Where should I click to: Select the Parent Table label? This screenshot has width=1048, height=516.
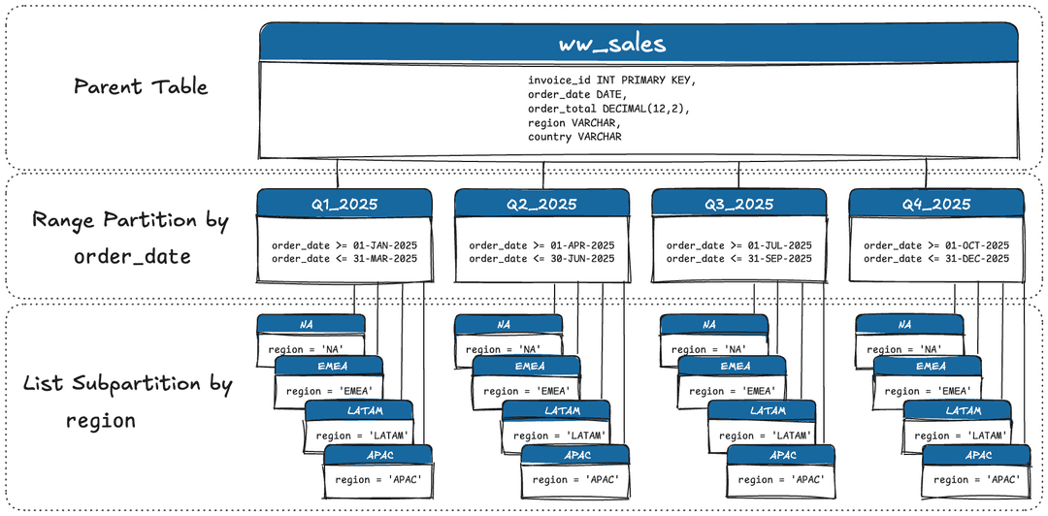141,86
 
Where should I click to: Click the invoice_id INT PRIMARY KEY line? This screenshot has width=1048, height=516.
611,81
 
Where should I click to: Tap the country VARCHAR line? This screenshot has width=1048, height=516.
574,137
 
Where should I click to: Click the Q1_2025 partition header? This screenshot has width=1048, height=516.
344,204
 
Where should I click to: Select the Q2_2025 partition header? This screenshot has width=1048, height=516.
541,204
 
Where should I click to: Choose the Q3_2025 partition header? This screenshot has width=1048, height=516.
738,204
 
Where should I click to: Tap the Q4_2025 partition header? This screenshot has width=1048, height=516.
936,204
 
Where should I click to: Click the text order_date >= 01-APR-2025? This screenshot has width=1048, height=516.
541,245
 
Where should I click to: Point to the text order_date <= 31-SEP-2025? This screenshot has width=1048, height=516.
738,258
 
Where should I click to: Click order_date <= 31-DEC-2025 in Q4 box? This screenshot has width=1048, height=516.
936,258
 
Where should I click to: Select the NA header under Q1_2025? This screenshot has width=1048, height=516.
311,324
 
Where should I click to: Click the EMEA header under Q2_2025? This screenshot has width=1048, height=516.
527,366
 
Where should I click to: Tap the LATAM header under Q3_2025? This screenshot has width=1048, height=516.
768,410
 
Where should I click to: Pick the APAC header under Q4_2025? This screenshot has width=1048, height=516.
977,455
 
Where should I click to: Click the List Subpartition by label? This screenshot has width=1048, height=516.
128,384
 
